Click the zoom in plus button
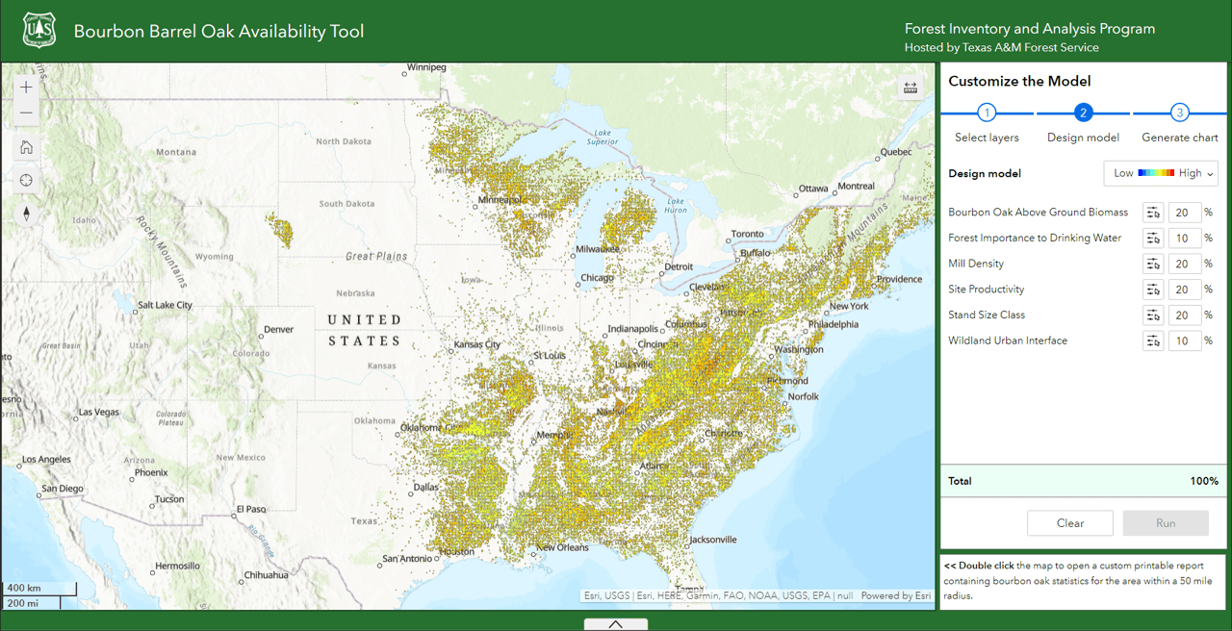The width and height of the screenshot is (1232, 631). pyautogui.click(x=26, y=88)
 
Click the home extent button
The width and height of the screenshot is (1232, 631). pyautogui.click(x=26, y=147)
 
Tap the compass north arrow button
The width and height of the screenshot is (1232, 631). pyautogui.click(x=26, y=214)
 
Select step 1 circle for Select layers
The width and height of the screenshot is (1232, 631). pyautogui.click(x=987, y=113)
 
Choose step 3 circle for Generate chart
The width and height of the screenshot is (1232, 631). pyautogui.click(x=1180, y=113)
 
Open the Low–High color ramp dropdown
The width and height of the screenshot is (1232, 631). pyautogui.click(x=1161, y=173)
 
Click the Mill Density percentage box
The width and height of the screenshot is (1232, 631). pyautogui.click(x=1184, y=264)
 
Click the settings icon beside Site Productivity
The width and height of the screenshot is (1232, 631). pyautogui.click(x=1153, y=290)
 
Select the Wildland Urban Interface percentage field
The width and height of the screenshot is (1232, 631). pyautogui.click(x=1184, y=341)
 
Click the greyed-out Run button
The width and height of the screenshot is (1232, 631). pyautogui.click(x=1166, y=523)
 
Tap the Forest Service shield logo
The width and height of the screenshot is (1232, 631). pyautogui.click(x=39, y=31)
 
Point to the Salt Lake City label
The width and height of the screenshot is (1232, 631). pyautogui.click(x=165, y=305)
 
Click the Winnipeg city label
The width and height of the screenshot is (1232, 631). pyautogui.click(x=426, y=68)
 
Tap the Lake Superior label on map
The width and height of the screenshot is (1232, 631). pyautogui.click(x=603, y=137)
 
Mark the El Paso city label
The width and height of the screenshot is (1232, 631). pyautogui.click(x=251, y=509)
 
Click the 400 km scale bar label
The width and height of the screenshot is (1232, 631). pyautogui.click(x=25, y=588)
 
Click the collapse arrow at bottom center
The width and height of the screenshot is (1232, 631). pyautogui.click(x=616, y=624)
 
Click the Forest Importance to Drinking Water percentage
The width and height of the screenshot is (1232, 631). pyautogui.click(x=1184, y=238)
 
